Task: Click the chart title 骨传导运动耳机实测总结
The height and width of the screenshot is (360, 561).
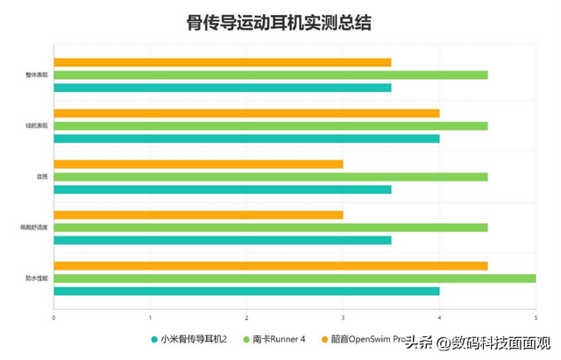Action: pyautogui.click(x=280, y=23)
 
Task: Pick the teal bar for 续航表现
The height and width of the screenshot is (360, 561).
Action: pyautogui.click(x=246, y=138)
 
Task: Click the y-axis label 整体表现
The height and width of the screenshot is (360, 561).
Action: pyautogui.click(x=37, y=74)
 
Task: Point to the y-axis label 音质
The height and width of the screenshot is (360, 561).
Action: pyautogui.click(x=42, y=177)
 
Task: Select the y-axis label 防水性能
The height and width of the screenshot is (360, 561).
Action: pyautogui.click(x=37, y=279)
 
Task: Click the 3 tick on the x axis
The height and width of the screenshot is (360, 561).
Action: pyautogui.click(x=343, y=318)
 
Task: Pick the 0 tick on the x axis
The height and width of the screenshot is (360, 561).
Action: pyautogui.click(x=54, y=318)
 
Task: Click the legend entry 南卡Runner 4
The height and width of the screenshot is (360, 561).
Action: pyautogui.click(x=277, y=339)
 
